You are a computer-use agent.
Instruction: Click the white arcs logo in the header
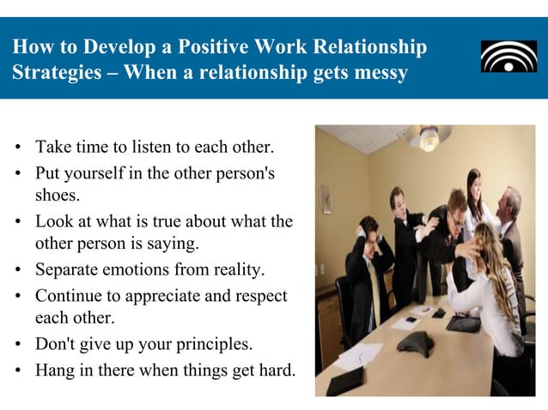coord(508,57)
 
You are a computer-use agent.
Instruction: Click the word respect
coord(259,296)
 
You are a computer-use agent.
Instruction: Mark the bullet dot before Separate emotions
coord(17,271)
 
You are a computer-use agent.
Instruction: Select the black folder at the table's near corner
coord(345,381)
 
